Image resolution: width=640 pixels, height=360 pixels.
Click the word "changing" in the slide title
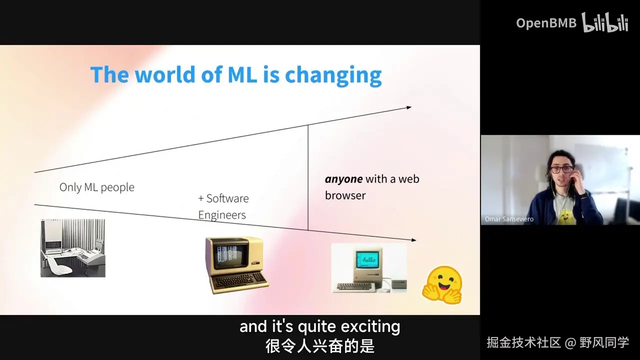[333, 75]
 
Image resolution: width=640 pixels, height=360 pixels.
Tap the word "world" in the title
[165, 74]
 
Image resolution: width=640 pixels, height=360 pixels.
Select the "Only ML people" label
[97, 187]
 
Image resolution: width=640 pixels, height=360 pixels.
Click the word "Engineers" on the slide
[222, 215]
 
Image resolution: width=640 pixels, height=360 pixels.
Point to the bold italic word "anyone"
[343, 179]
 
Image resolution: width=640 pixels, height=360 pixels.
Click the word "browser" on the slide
[345, 195]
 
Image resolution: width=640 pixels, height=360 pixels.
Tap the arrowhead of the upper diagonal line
[409, 107]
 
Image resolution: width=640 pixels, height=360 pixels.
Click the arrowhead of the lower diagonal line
[413, 240]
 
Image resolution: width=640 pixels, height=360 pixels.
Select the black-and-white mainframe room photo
[73, 248]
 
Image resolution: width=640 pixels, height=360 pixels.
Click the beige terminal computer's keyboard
[239, 281]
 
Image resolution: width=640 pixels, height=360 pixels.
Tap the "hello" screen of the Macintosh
[368, 259]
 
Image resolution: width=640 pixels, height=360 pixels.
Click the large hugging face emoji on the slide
[442, 285]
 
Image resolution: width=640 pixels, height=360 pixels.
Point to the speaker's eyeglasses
[561, 169]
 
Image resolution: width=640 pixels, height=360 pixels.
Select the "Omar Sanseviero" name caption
[509, 219]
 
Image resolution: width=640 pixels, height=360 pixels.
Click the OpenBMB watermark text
[546, 23]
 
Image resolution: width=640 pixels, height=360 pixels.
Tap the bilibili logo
[605, 22]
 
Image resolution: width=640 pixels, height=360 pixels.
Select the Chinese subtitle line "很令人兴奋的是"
[320, 346]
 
